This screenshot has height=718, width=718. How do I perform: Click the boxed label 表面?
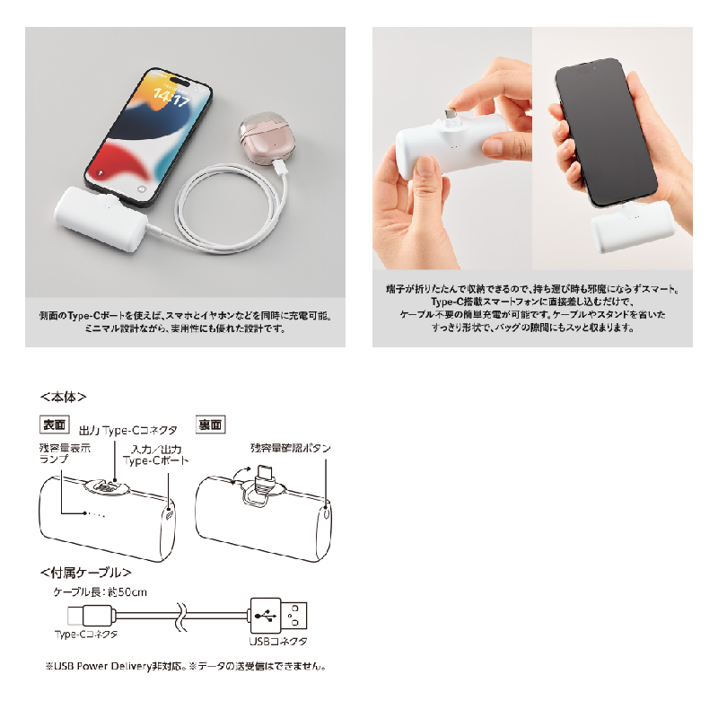point(55,425)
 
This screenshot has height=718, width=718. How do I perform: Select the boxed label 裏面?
point(210,425)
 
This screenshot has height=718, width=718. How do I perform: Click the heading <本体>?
point(63,397)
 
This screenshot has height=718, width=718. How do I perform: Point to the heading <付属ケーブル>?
point(85,573)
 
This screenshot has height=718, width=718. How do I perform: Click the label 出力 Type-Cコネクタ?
point(127,431)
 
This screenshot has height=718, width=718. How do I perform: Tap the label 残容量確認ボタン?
point(290,448)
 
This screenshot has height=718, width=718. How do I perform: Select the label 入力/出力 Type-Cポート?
point(155,455)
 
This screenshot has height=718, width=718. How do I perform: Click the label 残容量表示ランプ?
point(65,453)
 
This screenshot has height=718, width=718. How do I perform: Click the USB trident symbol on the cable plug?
point(266,616)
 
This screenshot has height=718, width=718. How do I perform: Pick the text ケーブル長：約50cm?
point(101,592)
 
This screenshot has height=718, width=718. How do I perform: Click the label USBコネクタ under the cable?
point(278,641)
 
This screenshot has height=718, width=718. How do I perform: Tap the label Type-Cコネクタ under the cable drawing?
point(86,635)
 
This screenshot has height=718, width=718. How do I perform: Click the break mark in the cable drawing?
point(182,616)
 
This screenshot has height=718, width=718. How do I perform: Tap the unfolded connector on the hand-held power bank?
point(451,115)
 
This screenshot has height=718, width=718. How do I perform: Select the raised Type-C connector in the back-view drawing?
point(265,478)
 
